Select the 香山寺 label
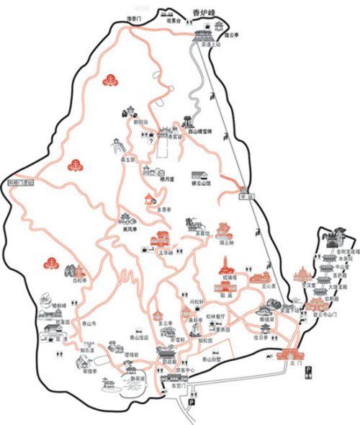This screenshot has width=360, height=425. coord(90,323)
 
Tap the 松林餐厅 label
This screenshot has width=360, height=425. coord(217,316)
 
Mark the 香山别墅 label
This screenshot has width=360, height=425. coord(211,358)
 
